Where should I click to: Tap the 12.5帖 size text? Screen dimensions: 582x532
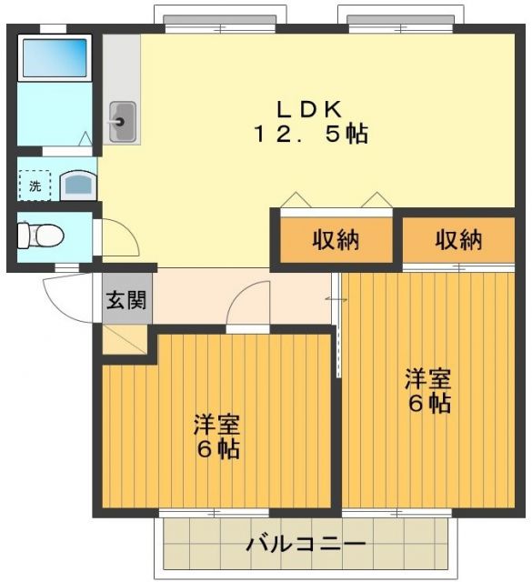coord(310,135)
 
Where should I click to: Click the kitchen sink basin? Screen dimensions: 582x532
coord(122,118)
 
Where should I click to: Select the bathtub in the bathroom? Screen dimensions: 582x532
coord(54,57)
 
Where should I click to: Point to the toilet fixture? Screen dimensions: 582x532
coord(41,236)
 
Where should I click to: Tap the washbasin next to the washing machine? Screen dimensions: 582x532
coord(78,186)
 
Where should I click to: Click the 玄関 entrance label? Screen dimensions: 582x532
coord(126,299)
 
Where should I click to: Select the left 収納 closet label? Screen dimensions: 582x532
coord(336,240)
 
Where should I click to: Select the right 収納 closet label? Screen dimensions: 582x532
coord(457,240)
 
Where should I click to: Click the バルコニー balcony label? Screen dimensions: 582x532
coord(305,546)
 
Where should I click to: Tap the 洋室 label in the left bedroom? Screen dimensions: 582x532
coord(216,425)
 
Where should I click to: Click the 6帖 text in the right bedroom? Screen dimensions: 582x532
coord(428,403)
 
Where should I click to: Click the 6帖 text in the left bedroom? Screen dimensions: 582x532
coord(216,449)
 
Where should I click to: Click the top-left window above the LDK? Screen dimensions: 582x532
coord(218,19)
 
